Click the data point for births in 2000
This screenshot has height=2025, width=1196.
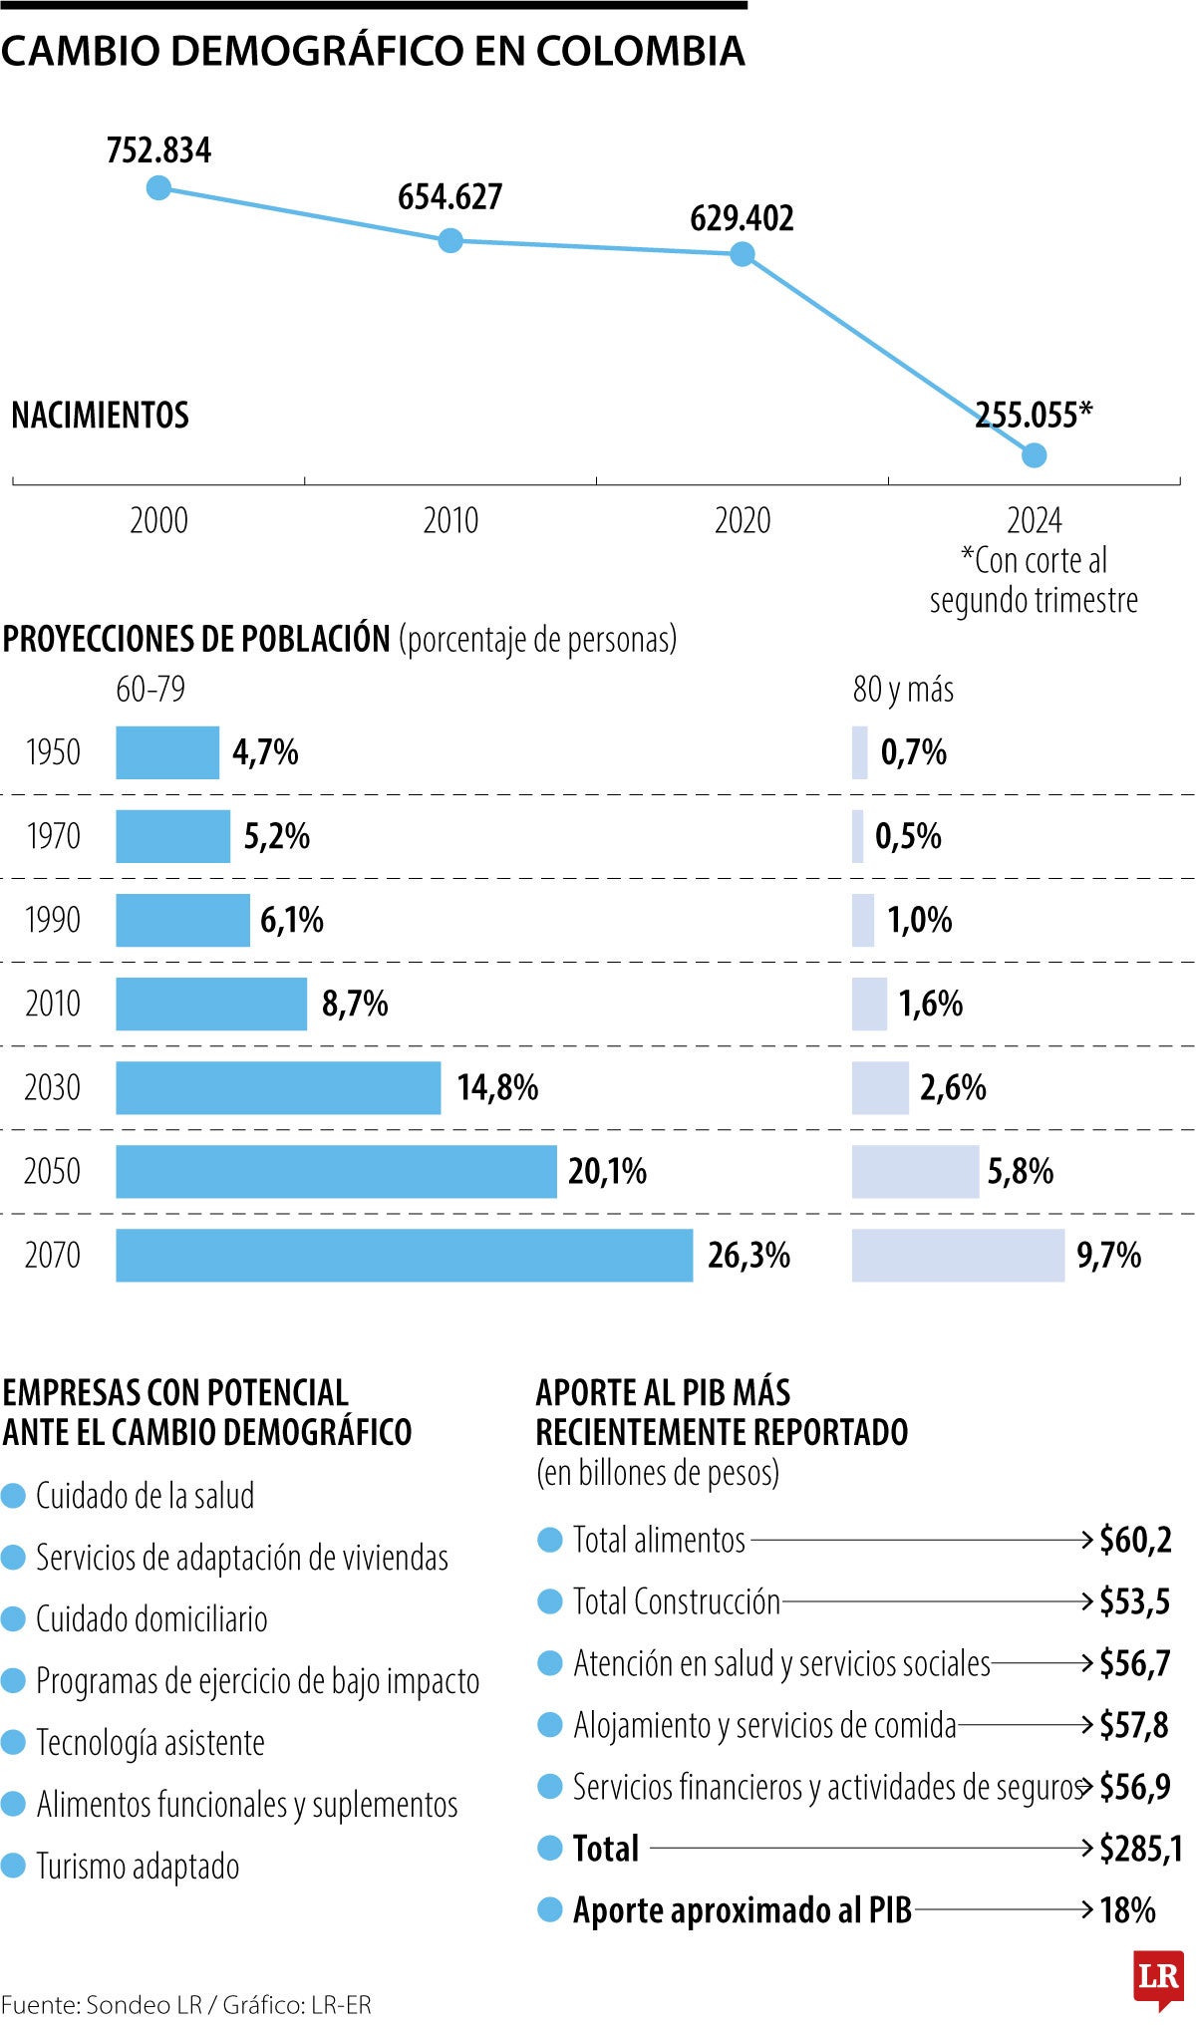pyautogui.click(x=158, y=187)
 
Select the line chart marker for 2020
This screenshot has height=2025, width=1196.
pyautogui.click(x=742, y=254)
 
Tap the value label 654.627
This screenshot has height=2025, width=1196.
pyautogui.click(x=449, y=197)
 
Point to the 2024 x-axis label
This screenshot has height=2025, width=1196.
pyautogui.click(x=1034, y=520)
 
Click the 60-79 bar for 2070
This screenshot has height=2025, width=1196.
pyautogui.click(x=404, y=1255)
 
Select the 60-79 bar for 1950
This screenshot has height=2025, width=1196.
pyautogui.click(x=166, y=752)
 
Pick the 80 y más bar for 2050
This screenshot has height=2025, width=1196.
pyautogui.click(x=914, y=1171)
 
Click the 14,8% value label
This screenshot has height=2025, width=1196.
pyautogui.click(x=497, y=1087)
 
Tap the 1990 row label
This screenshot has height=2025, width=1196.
pyautogui.click(x=52, y=920)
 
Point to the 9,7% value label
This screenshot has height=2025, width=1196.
pyautogui.click(x=1108, y=1255)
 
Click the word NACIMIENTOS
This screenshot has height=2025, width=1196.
pyautogui.click(x=100, y=416)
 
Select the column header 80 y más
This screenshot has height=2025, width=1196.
pyautogui.click(x=902, y=690)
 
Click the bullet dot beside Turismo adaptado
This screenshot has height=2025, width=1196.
pyautogui.click(x=13, y=1866)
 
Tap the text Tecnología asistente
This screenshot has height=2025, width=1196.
pyautogui.click(x=150, y=1742)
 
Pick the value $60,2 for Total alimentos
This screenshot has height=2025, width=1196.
pyautogui.click(x=1135, y=1540)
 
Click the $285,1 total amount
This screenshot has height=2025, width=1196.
pyautogui.click(x=1140, y=1849)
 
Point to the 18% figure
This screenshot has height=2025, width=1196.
pyautogui.click(x=1127, y=1910)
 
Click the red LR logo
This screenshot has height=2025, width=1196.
pyautogui.click(x=1158, y=1977)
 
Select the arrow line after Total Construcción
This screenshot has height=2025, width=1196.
pyautogui.click(x=937, y=1601)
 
